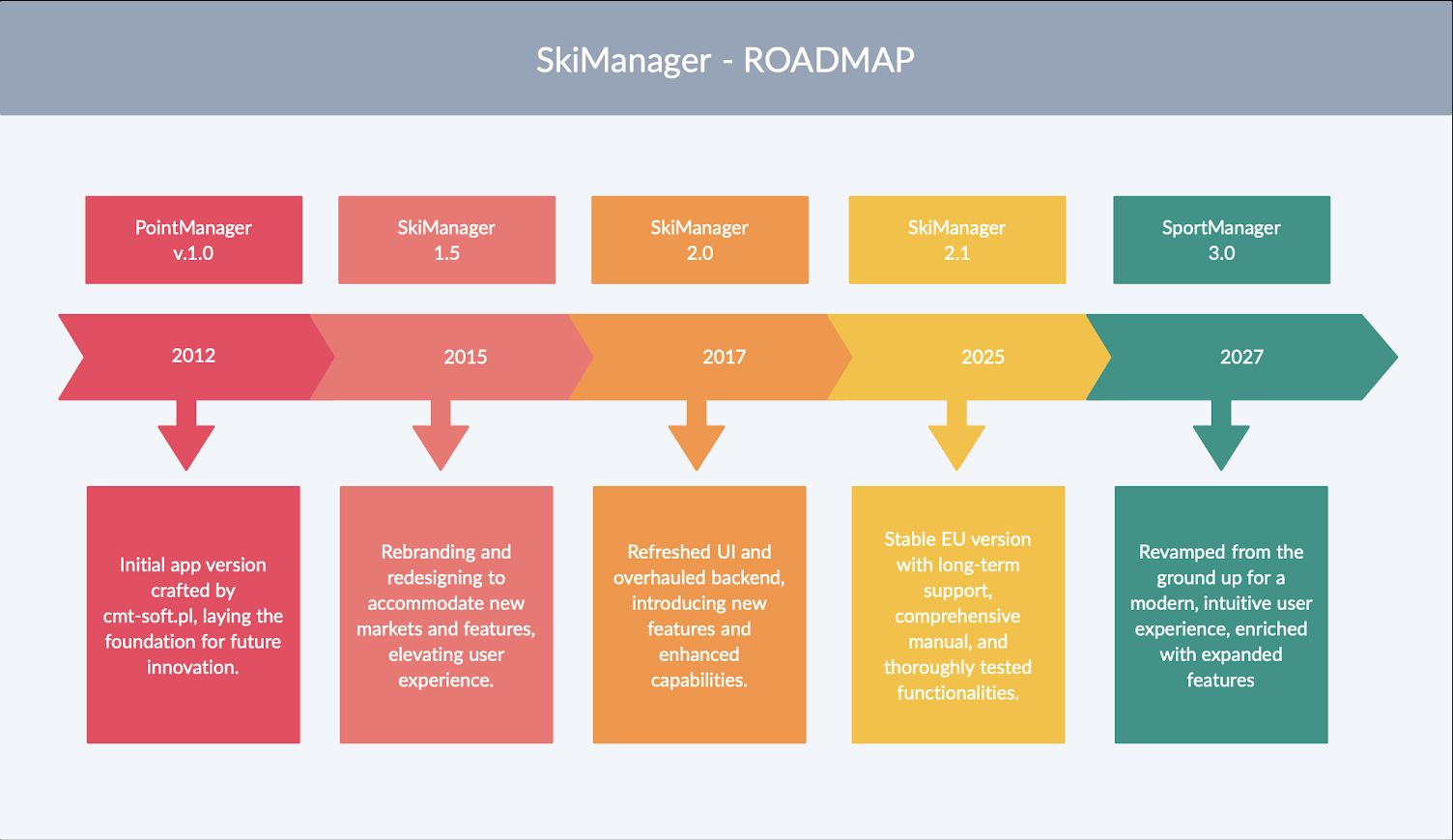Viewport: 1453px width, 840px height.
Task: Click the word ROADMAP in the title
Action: pos(828,60)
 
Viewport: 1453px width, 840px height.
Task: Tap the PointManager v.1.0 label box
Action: pos(193,240)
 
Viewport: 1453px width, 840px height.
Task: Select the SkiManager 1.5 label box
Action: pos(446,240)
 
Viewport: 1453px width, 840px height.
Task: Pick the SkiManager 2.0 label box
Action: pos(699,240)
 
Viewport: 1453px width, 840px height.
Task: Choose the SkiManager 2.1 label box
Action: pos(956,240)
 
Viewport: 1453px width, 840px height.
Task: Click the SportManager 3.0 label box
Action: pos(1221,240)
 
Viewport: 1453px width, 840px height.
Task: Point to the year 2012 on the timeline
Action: pos(193,356)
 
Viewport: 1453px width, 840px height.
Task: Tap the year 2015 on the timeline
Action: pos(465,357)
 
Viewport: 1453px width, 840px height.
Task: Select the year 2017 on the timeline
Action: pos(724,357)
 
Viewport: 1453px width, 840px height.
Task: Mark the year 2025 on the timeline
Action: pos(983,357)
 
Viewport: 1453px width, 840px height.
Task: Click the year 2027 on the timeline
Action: pos(1241,357)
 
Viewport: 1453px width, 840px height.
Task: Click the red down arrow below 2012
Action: pos(186,440)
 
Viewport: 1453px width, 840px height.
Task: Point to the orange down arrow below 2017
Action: pos(697,440)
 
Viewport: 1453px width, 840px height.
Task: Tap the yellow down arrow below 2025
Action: pos(956,440)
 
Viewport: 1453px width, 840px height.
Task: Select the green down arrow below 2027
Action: pos(1221,440)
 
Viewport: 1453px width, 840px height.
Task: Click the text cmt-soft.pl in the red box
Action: pos(148,616)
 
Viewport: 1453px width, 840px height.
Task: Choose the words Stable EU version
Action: pos(957,539)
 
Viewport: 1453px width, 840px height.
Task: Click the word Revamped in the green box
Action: pos(1181,552)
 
